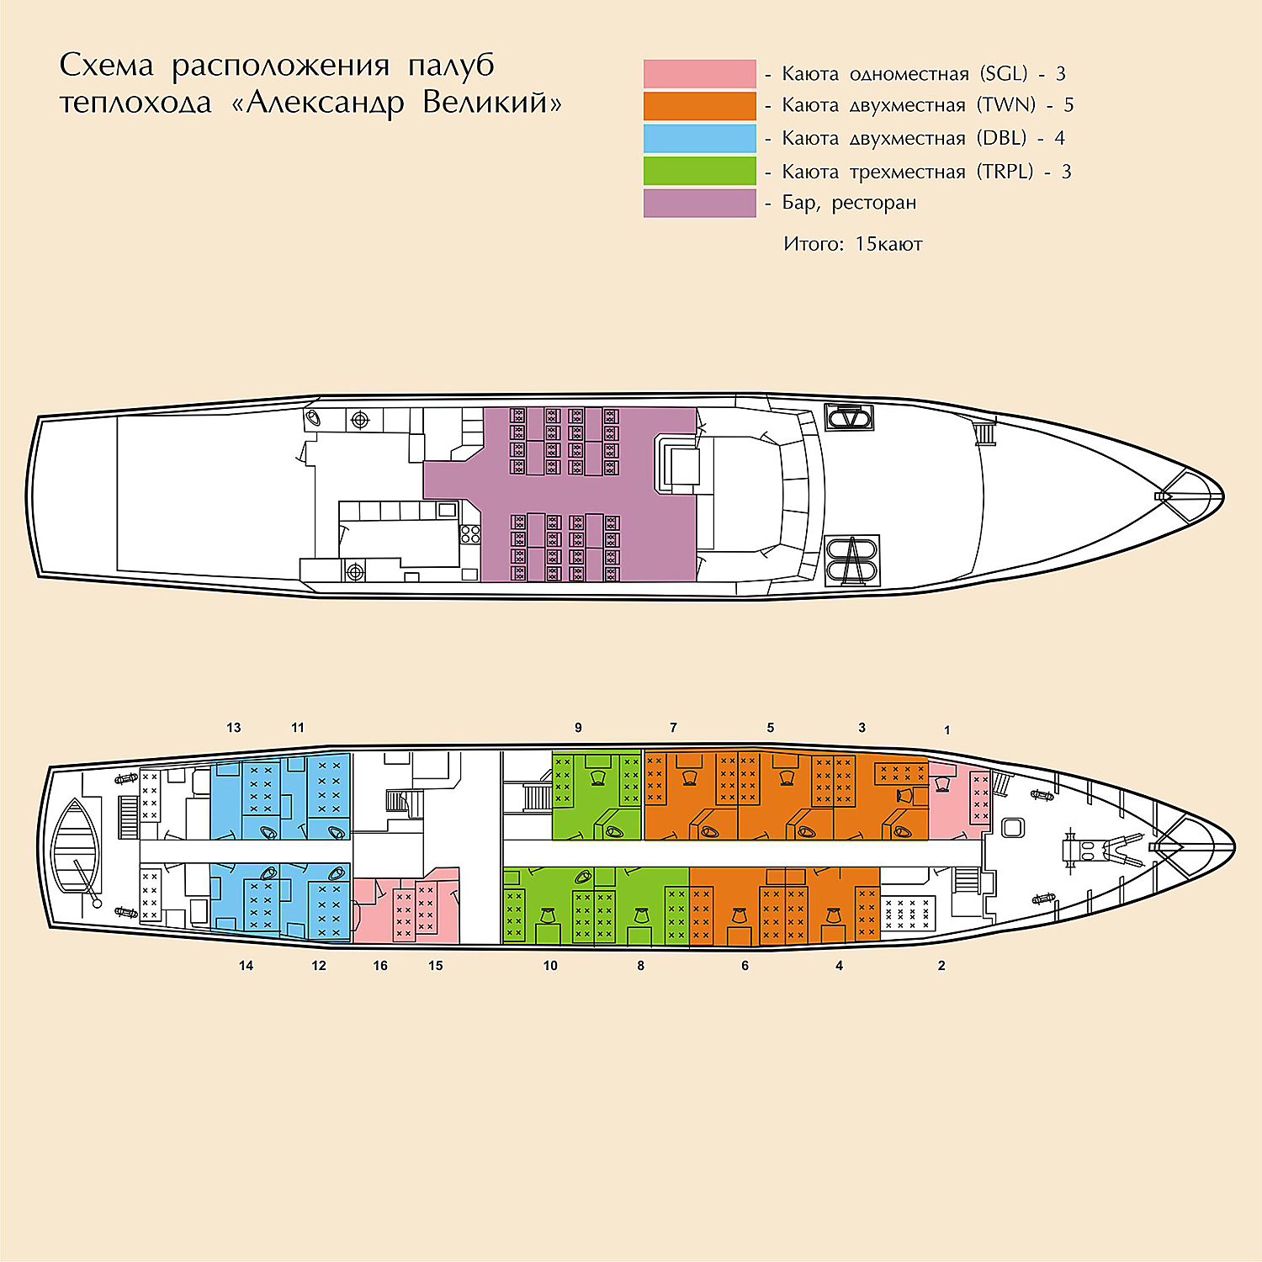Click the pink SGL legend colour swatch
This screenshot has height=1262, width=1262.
pos(699,73)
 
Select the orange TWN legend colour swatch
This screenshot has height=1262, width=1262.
pos(699,106)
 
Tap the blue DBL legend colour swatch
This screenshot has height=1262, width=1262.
pos(699,138)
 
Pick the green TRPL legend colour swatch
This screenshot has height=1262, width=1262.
pos(699,171)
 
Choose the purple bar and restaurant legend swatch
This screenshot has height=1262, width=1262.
pos(699,204)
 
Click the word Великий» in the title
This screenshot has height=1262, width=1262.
pos(492,103)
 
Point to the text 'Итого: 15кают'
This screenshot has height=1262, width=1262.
pos(853,244)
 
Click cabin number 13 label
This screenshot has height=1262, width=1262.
pos(234,728)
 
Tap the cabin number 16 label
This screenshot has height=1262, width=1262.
pos(380,966)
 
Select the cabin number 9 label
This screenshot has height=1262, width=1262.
pos(578,728)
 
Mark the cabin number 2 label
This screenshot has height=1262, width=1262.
pos(941,966)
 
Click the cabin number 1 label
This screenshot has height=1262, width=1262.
pos(947,730)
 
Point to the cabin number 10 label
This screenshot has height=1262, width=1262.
pos(550,966)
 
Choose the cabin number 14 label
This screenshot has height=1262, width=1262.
pos(246,966)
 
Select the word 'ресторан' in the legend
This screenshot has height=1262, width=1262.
pos(874,204)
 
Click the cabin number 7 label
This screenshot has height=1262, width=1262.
pos(673,728)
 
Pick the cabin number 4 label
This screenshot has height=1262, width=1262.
pos(839,966)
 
